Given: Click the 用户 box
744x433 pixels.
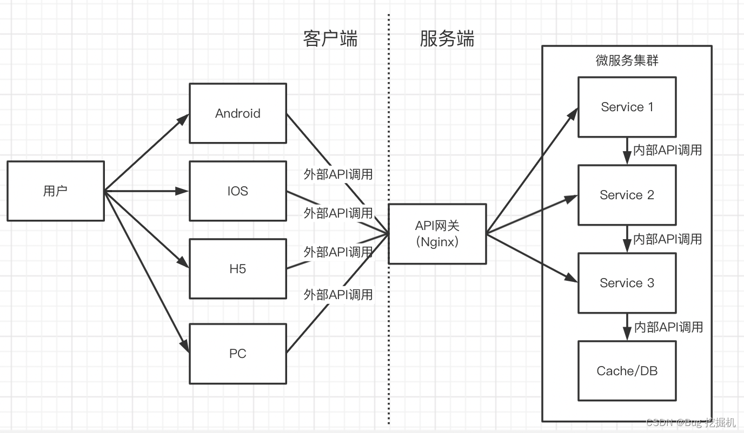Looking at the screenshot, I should pyautogui.click(x=56, y=191).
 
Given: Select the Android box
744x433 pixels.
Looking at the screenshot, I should pyautogui.click(x=237, y=113).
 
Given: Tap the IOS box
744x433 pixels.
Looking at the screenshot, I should pyautogui.click(x=237, y=191).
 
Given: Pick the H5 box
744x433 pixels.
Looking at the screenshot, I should pyautogui.click(x=237, y=268).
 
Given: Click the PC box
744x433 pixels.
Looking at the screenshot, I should pyautogui.click(x=237, y=354).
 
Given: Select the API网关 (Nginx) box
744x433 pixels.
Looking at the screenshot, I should pyautogui.click(x=437, y=234).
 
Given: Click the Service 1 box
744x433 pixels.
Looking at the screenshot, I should pyautogui.click(x=627, y=107).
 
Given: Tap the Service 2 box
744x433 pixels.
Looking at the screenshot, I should pyautogui.click(x=627, y=195).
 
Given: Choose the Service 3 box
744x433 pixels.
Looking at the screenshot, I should pyautogui.click(x=627, y=283).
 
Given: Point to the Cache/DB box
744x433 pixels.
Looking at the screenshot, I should pyautogui.click(x=627, y=371).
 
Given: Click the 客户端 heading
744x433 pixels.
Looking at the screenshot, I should pyautogui.click(x=330, y=39).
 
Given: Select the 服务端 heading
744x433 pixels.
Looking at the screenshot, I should pyautogui.click(x=447, y=39).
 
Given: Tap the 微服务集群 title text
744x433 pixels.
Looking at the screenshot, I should pyautogui.click(x=627, y=60).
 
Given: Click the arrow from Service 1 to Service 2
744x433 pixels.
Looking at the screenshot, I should pyautogui.click(x=627, y=151).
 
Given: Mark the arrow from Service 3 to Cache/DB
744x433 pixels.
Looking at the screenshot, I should pyautogui.click(x=627, y=327).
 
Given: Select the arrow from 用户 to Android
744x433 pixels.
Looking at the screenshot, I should pyautogui.click(x=146, y=153).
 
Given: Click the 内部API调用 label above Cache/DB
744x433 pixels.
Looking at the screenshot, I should pyautogui.click(x=668, y=327).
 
